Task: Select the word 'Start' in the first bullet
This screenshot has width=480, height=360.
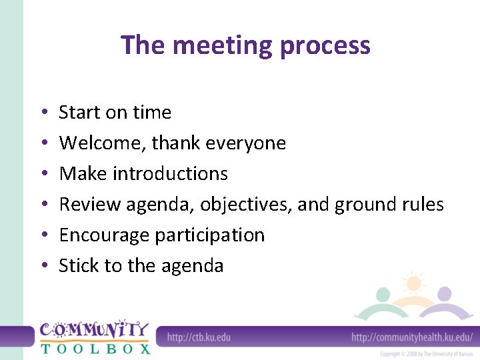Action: coord(79,112)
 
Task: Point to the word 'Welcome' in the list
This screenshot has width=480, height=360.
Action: coord(102,143)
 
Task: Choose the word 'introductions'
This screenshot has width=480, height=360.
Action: coord(170,173)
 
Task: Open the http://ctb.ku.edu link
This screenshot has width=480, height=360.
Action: coord(199,337)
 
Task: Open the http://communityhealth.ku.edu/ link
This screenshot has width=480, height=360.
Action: coord(412,337)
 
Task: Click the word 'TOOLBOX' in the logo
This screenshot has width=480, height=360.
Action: coord(95,348)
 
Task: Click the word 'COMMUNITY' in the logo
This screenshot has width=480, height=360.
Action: coord(94,330)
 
